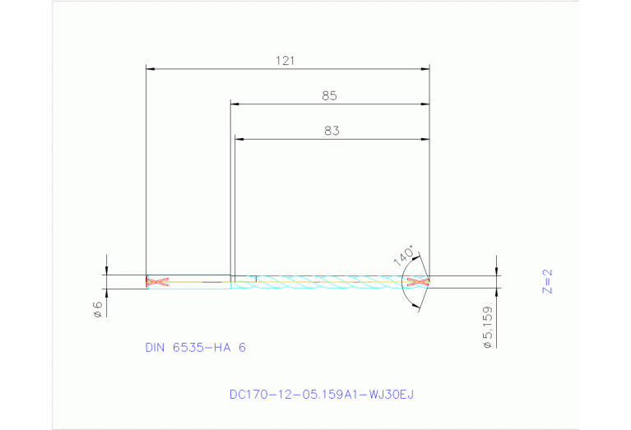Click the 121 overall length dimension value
[x=285, y=61]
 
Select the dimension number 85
[x=329, y=95]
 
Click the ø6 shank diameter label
[x=97, y=308]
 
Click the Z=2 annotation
[x=547, y=280]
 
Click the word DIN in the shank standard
[x=155, y=348]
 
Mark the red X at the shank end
[x=156, y=282]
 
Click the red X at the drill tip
[x=419, y=282]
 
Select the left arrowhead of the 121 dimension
[x=151, y=69]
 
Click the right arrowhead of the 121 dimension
[x=425, y=69]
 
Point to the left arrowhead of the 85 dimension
[x=234, y=104]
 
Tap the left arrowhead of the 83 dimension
[x=239, y=139]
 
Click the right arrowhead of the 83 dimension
[x=425, y=139]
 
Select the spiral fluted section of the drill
[x=329, y=282]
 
